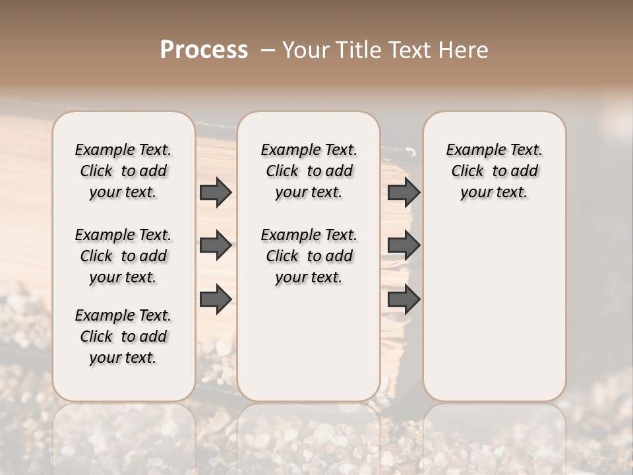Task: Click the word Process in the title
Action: [x=204, y=50]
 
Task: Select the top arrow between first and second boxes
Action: [x=216, y=192]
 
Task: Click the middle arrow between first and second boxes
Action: [x=216, y=245]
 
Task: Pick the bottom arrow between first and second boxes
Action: [x=216, y=299]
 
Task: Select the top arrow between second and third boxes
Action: [x=404, y=192]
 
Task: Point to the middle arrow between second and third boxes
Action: [x=404, y=245]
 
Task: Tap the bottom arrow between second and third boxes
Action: [x=404, y=300]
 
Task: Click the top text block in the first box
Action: [x=123, y=171]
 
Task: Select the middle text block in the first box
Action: [x=123, y=256]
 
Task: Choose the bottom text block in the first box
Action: [x=123, y=336]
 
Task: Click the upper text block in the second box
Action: [x=309, y=171]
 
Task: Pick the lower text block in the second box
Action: [x=309, y=256]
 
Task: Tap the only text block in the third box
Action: [x=494, y=171]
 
